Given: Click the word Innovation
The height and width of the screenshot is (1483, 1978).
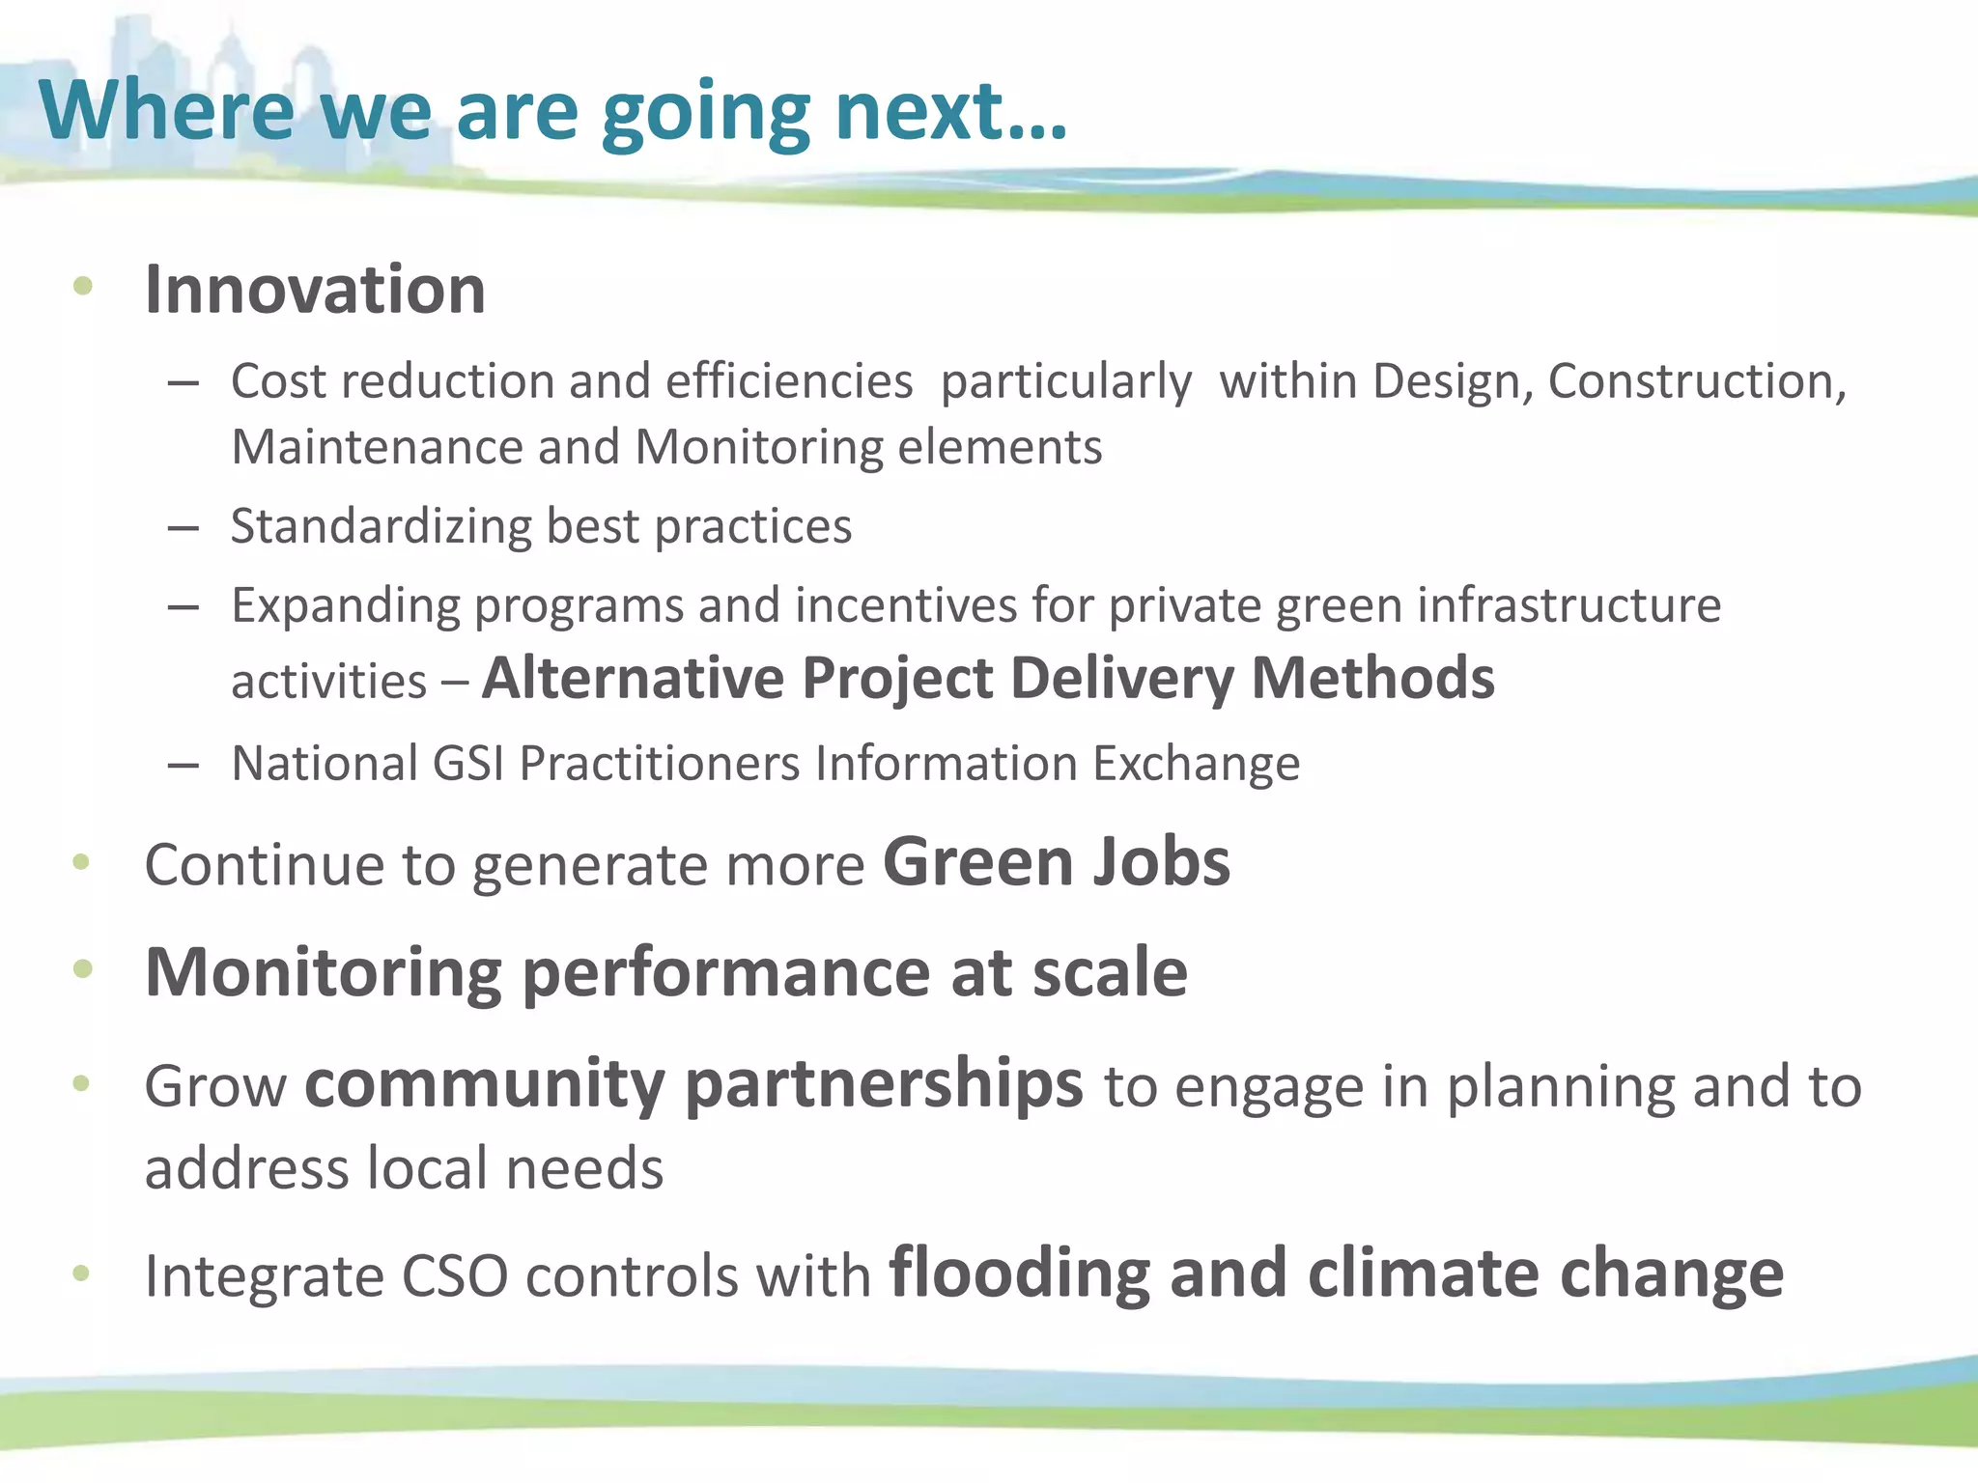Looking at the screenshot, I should point(315,290).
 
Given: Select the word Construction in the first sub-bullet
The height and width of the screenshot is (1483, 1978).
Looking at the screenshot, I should point(1697,381).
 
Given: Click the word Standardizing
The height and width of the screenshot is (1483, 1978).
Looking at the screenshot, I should point(381,527).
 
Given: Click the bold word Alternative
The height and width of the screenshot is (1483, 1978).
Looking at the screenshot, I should point(633,678).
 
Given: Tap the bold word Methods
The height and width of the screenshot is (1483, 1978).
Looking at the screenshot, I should point(1372,678).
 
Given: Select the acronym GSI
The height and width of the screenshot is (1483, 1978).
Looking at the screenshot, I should point(468,764).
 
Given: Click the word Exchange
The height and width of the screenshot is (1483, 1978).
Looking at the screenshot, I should point(1197,764).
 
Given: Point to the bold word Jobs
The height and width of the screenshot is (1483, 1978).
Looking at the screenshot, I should point(1161,862).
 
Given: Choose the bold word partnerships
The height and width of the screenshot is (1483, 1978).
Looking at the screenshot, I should point(885,1085).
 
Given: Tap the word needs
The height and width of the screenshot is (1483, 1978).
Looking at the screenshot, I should point(584,1169).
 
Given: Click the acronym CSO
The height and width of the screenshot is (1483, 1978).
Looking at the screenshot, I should point(454,1276).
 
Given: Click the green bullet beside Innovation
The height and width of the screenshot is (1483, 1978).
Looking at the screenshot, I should point(83,285).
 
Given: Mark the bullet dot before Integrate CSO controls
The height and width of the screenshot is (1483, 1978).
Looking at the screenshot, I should point(81,1273).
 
